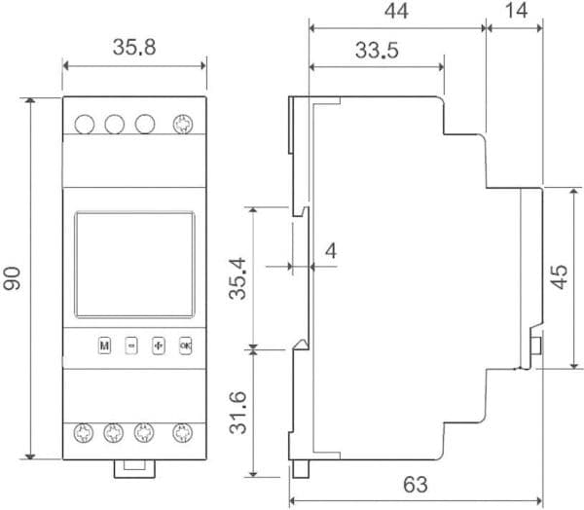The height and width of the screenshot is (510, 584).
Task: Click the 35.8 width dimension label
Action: click(x=134, y=48)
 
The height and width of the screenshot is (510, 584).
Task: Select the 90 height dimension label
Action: click(x=12, y=278)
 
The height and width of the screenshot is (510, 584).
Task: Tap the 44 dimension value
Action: click(x=396, y=11)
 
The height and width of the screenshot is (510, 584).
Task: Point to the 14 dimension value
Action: click(x=517, y=11)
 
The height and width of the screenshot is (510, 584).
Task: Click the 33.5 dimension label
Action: click(x=377, y=50)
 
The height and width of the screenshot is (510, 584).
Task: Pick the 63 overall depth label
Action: click(x=416, y=485)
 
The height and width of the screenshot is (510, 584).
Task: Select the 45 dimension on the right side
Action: click(x=559, y=276)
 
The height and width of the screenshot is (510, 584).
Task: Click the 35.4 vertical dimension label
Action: click(x=237, y=278)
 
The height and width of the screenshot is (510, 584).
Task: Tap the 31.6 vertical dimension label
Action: click(x=237, y=413)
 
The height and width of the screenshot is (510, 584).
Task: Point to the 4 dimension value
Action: click(x=331, y=251)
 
